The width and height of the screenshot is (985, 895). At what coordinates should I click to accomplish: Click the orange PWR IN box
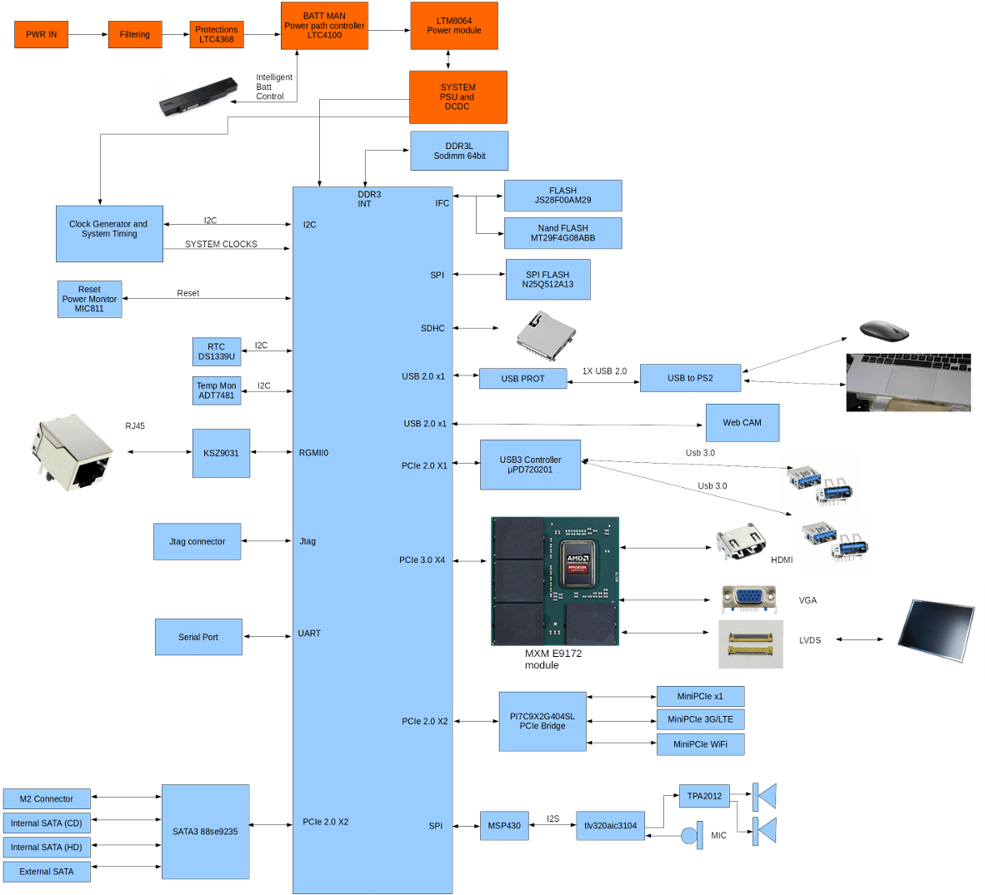point(41,35)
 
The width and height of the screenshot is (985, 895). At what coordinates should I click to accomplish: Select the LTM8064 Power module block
point(454,26)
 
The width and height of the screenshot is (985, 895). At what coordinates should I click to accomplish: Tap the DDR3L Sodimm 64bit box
point(459,151)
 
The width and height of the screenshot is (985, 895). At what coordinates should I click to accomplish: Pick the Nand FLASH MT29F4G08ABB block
point(562,233)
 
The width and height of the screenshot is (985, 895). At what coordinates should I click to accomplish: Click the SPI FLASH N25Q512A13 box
point(547,280)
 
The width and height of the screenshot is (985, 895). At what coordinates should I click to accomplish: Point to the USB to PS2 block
point(690,378)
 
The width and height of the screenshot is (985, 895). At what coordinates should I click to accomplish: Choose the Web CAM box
point(742,423)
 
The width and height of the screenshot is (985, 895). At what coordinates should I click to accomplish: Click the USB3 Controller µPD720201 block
point(530,465)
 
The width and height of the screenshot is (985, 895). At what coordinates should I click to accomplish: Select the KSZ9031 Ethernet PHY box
point(221,453)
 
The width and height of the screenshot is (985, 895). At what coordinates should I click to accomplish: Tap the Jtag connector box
point(197,542)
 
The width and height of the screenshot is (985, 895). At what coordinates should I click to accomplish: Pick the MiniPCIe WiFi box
point(700,744)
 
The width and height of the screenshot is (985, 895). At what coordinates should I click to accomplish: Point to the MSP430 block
point(504,826)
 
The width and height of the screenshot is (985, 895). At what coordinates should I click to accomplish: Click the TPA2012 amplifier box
point(704,797)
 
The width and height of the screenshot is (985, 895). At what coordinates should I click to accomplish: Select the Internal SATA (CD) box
point(47,823)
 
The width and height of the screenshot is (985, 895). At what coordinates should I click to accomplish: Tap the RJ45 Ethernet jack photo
point(72,453)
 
